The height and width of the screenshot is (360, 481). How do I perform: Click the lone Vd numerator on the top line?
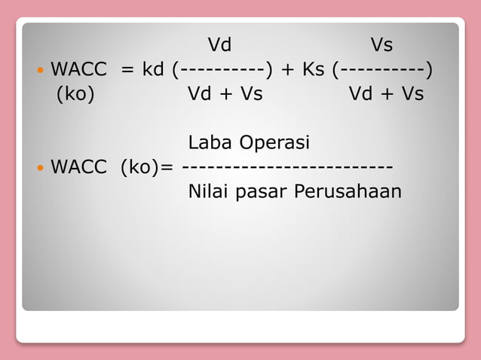pos(219,45)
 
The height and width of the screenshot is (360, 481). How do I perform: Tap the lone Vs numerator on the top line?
pos(381,45)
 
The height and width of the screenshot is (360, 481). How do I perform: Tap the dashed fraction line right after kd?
pos(222,71)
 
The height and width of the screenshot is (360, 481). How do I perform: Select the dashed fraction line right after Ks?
pos(383,71)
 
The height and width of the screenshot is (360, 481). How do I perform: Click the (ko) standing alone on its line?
pos(75,95)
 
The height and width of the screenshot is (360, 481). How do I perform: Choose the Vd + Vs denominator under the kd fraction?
pos(225,94)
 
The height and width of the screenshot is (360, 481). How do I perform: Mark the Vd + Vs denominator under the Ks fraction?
pos(386,94)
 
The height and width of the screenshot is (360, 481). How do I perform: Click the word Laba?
pos(210,142)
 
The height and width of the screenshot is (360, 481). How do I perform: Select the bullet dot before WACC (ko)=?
pos(40,166)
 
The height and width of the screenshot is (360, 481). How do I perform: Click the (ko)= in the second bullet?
pos(149,166)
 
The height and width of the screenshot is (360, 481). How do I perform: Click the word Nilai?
pos(209,191)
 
